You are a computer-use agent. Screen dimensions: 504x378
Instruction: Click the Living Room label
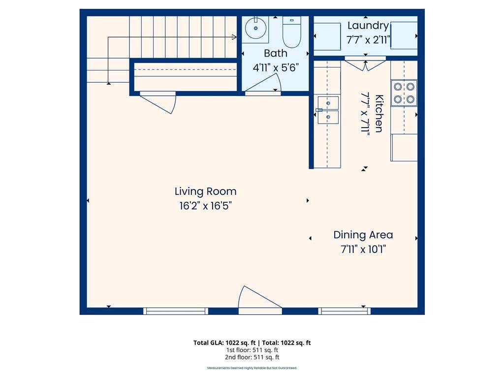(x=205, y=191)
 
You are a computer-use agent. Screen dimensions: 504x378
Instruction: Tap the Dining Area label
(x=363, y=235)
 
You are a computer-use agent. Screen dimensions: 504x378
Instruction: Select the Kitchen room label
(x=379, y=114)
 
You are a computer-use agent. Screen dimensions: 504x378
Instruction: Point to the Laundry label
(x=368, y=26)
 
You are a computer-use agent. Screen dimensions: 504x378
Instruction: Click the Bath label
(x=276, y=53)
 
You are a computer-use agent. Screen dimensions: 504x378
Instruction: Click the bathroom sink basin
(x=256, y=28)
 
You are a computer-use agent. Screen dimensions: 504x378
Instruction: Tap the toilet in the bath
(x=291, y=32)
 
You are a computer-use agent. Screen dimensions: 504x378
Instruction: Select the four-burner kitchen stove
(x=404, y=93)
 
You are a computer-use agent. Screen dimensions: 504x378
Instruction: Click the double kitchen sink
(x=328, y=110)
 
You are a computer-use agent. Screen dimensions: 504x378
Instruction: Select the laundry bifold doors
(x=365, y=63)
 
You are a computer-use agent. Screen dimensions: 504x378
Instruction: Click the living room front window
(x=176, y=311)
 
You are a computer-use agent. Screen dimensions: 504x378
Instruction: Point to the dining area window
(x=344, y=311)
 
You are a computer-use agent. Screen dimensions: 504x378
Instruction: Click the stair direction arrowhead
(x=234, y=37)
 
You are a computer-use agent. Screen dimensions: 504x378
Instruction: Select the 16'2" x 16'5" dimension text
(x=205, y=206)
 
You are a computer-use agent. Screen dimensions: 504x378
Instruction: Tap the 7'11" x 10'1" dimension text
(x=363, y=249)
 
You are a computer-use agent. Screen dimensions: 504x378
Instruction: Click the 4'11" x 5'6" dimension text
(x=276, y=68)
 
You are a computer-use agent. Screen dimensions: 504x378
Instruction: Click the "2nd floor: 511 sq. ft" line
(x=252, y=357)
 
